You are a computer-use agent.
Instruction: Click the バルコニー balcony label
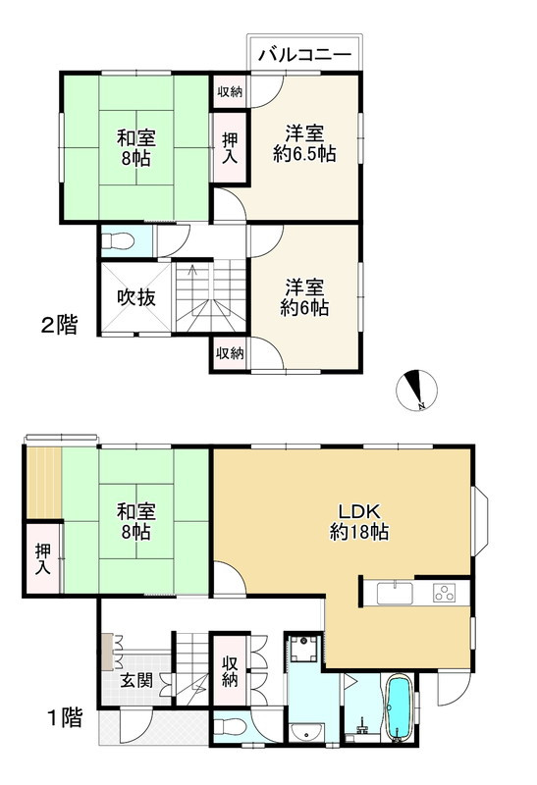pos(304,54)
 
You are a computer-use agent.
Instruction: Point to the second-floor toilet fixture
pos(120,240)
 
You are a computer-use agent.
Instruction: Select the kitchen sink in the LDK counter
pos(397,593)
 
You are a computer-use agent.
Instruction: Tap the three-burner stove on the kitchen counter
pos(445,593)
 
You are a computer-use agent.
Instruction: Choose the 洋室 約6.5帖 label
pos(303,144)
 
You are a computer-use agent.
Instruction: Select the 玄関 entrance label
pos(136,681)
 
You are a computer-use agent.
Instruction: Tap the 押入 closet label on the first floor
pos(43,560)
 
